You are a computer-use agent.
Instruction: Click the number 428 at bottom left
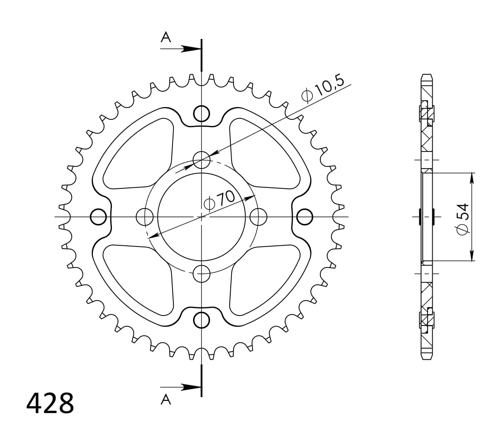(50, 403)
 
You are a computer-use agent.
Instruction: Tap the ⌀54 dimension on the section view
(462, 219)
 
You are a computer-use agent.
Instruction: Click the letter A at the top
(166, 38)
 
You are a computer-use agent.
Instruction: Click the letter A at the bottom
(166, 399)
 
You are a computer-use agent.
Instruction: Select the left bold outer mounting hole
(98, 217)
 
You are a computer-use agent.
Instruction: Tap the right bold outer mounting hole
(305, 217)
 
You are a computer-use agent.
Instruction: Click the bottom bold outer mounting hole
(201, 320)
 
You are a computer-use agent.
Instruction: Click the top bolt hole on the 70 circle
(201, 159)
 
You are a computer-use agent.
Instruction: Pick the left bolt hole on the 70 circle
(144, 217)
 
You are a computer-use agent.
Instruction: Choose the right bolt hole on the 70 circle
(259, 217)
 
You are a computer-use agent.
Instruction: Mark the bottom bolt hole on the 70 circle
(201, 274)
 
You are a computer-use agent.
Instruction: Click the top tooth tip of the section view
(427, 76)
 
